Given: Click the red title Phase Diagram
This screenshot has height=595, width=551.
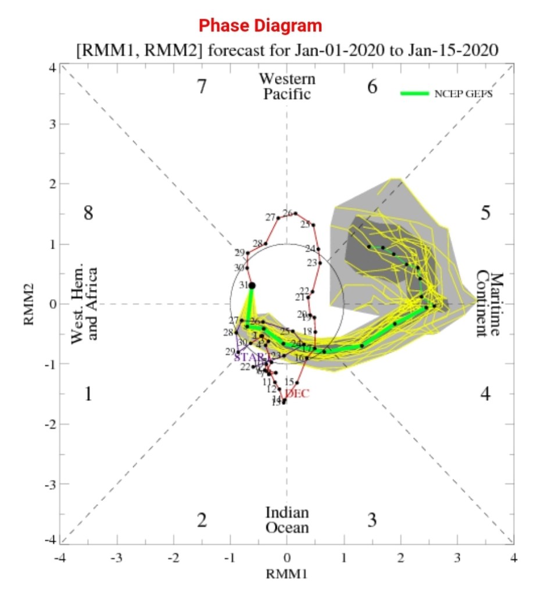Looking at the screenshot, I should click(260, 26).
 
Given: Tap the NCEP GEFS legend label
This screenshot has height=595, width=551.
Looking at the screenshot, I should click(463, 94).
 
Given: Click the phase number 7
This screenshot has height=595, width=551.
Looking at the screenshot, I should click(201, 87).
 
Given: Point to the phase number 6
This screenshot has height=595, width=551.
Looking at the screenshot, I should click(372, 87).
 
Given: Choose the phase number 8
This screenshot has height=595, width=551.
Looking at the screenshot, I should click(88, 213).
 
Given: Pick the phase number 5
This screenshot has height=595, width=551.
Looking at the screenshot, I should click(485, 213).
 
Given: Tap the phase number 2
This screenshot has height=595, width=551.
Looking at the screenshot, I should click(201, 520).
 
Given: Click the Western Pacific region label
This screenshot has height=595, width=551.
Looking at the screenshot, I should click(287, 86).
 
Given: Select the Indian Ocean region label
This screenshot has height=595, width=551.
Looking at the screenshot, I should click(287, 520).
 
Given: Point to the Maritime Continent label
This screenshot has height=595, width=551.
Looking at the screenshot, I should click(487, 303).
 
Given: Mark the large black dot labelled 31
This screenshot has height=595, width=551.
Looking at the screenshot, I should click(252, 285).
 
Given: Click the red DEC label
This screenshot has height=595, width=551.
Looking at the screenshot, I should click(298, 394).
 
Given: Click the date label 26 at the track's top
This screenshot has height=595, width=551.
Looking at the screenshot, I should click(288, 213).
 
